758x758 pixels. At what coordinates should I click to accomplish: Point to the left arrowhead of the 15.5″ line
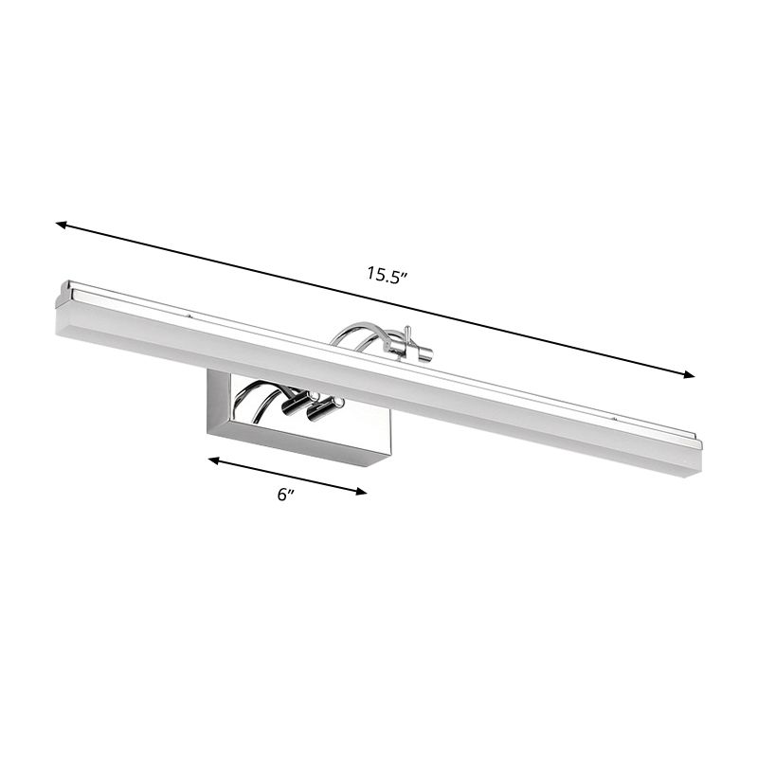click(61, 226)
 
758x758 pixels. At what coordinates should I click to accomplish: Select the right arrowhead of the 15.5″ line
click(689, 375)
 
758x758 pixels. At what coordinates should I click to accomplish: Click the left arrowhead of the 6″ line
click(213, 460)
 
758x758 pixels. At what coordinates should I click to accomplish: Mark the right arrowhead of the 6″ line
click(361, 490)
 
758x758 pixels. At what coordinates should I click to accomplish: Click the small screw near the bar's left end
click(190, 316)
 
